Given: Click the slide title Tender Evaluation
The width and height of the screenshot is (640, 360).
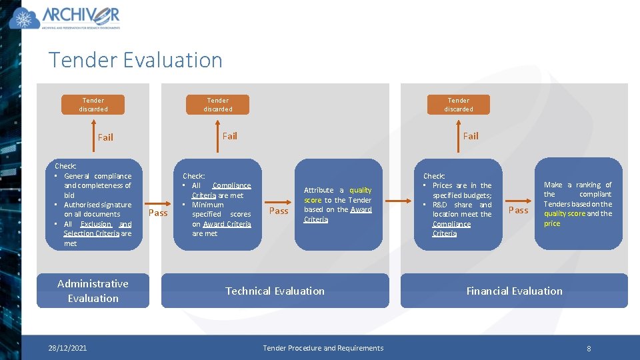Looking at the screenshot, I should click(135, 60).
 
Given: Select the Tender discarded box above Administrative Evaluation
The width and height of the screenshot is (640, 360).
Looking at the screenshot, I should click(93, 105).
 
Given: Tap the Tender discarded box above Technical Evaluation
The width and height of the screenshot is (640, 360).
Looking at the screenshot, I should click(218, 105).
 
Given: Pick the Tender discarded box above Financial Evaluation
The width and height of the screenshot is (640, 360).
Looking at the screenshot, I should click(459, 105).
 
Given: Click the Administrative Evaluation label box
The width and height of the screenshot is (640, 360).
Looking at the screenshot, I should click(93, 291).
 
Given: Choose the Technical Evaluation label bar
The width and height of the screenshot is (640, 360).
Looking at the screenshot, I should click(275, 291).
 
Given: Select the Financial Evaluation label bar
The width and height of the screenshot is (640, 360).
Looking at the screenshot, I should click(514, 291).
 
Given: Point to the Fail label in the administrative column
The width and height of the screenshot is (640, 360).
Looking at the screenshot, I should click(105, 137).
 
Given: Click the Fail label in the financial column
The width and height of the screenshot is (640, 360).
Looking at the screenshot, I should click(471, 136).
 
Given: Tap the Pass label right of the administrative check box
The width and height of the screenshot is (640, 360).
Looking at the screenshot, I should click(158, 213).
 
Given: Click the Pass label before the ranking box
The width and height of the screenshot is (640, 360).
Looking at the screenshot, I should click(518, 210).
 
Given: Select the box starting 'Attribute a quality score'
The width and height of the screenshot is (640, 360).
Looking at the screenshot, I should click(338, 205).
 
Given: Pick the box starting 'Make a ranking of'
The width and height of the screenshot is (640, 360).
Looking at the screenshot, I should click(578, 204).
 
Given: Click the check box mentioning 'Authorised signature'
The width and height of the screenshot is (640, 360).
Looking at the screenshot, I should click(93, 205).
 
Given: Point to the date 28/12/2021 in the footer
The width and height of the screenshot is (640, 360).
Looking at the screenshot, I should click(67, 348).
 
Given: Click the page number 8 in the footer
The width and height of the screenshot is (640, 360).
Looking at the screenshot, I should click(589, 349).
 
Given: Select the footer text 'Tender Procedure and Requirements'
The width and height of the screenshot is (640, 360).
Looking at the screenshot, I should click(323, 348).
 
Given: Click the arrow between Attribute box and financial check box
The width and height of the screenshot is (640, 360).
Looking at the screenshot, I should click(398, 200).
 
